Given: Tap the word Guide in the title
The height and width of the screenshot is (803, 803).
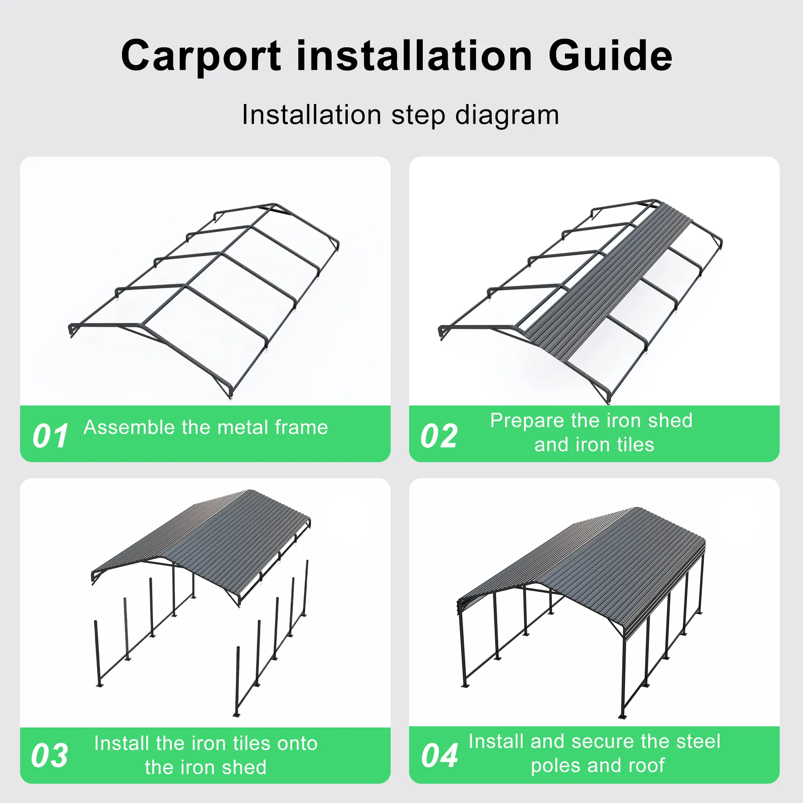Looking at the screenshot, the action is click(610, 55).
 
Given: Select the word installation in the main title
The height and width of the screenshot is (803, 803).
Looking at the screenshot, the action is click(415, 55).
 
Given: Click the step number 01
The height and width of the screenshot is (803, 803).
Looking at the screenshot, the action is click(50, 436).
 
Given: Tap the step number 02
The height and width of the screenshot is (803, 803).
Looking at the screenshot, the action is click(439, 436).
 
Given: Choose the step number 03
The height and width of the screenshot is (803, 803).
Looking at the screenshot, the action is click(49, 755).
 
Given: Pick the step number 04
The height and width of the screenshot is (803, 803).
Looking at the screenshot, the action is click(439, 755).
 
